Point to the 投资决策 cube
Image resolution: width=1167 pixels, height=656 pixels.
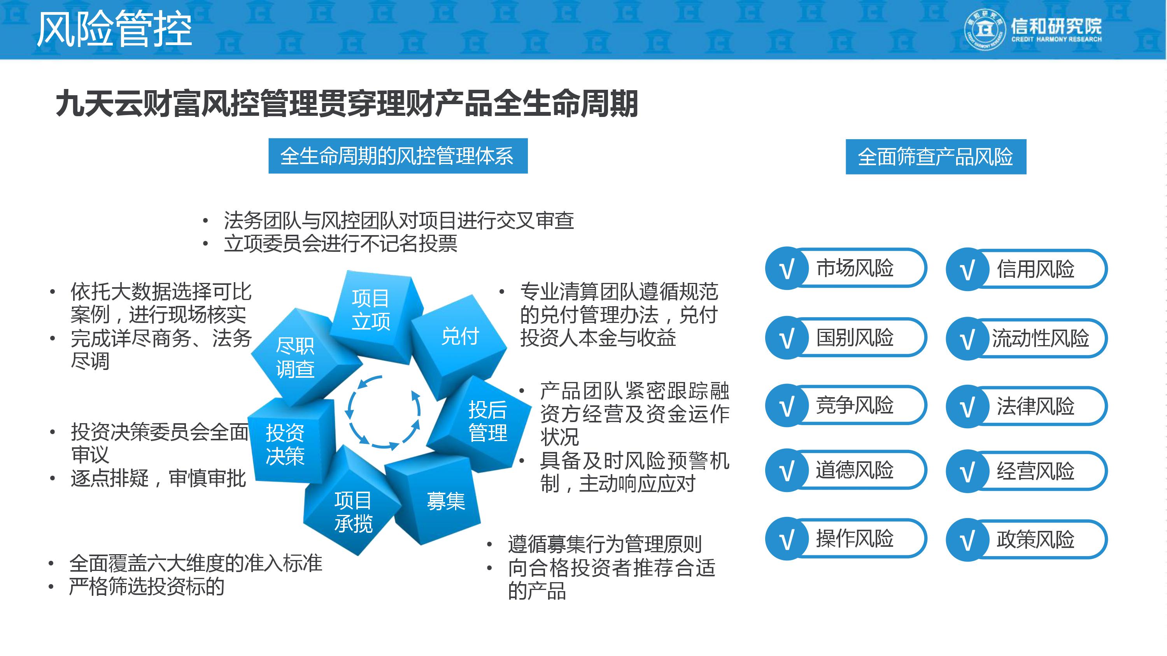coord(285,444)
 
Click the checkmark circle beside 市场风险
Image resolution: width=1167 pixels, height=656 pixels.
coord(787,269)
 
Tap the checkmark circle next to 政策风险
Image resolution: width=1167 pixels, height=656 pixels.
coord(967,540)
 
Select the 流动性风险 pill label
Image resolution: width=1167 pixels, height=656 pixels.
coord(1040,338)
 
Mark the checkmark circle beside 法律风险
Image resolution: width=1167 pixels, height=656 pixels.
coord(967,407)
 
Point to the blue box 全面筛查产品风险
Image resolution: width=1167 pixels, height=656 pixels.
coord(936,157)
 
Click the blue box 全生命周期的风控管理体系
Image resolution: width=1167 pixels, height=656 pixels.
coord(398,156)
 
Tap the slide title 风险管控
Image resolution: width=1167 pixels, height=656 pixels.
coord(114,30)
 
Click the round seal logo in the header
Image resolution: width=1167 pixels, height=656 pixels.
coord(985,30)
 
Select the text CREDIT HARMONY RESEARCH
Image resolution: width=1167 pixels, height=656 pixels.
coord(1056,39)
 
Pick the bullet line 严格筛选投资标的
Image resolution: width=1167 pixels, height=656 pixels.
coord(146,587)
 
